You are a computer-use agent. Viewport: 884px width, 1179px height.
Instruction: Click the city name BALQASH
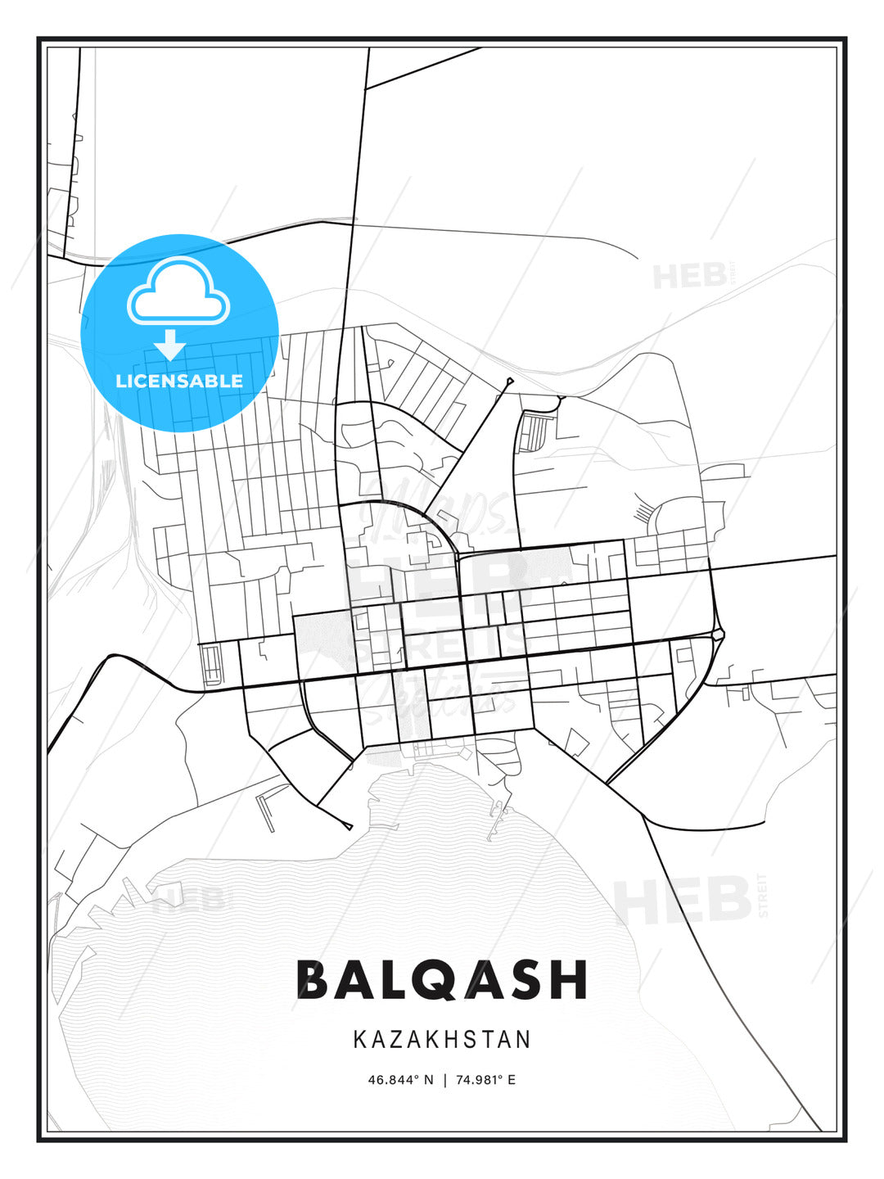click(442, 979)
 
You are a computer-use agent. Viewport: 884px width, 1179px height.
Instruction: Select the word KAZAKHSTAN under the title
click(442, 1039)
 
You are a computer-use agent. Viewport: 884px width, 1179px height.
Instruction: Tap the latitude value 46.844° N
click(400, 1080)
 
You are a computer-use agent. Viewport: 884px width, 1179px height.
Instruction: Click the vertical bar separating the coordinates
click(444, 1080)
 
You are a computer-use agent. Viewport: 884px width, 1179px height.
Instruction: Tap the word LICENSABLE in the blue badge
click(179, 381)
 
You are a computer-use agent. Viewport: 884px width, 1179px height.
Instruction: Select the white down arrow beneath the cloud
click(170, 344)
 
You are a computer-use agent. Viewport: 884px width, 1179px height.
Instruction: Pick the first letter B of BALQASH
click(313, 979)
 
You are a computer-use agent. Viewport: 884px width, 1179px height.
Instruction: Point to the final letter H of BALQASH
click(571, 979)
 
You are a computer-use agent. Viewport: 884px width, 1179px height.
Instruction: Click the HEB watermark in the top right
click(689, 276)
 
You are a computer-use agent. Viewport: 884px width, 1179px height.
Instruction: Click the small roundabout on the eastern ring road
click(718, 635)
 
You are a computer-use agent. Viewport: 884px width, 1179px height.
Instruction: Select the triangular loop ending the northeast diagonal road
click(509, 381)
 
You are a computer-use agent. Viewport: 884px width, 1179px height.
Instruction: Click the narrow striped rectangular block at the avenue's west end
click(211, 664)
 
